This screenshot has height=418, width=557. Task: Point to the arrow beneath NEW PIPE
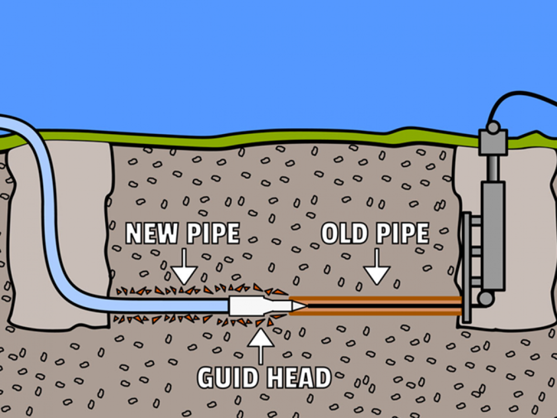[x=184, y=269]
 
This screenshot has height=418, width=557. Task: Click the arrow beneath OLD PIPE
[x=377, y=269]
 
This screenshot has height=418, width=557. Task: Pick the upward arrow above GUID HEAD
[x=260, y=344]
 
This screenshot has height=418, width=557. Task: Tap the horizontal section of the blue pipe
[x=168, y=304]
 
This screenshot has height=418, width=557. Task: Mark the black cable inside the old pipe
[x=378, y=305]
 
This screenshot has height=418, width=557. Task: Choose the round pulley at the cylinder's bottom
[x=486, y=299]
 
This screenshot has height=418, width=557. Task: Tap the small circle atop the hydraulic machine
[x=493, y=127]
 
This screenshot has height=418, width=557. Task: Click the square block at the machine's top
[x=493, y=142]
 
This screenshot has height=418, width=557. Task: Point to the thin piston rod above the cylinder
[x=492, y=168]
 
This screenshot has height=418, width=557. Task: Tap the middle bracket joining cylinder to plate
[x=476, y=251]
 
